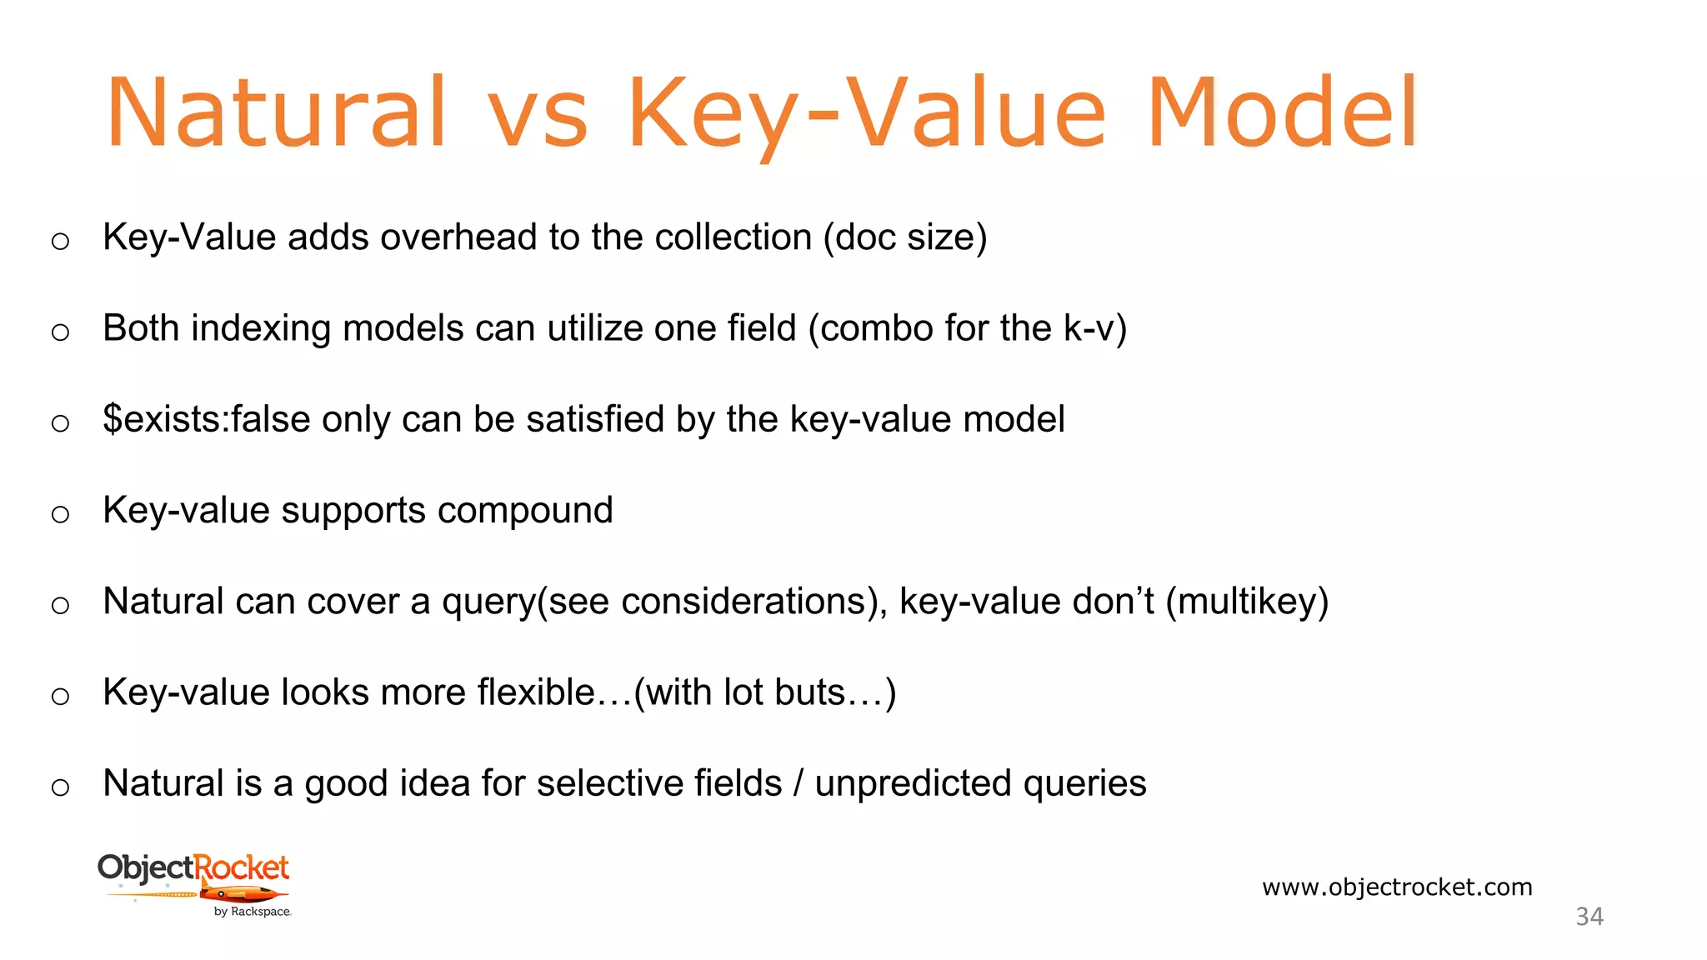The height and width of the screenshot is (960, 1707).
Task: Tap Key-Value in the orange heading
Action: point(867,112)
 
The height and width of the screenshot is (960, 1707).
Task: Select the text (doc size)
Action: point(904,237)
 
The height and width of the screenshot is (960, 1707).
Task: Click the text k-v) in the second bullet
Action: point(1095,328)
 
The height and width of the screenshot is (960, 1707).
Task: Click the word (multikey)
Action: point(1247,602)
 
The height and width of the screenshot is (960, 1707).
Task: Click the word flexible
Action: point(536,692)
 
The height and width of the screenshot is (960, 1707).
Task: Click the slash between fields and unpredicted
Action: point(798,783)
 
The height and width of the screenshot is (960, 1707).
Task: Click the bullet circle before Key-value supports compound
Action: point(60,514)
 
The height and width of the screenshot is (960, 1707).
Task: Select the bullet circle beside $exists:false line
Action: point(60,423)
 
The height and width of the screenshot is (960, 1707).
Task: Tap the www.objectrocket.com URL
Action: point(1397,887)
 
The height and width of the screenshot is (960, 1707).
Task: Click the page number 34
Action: point(1589,917)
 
